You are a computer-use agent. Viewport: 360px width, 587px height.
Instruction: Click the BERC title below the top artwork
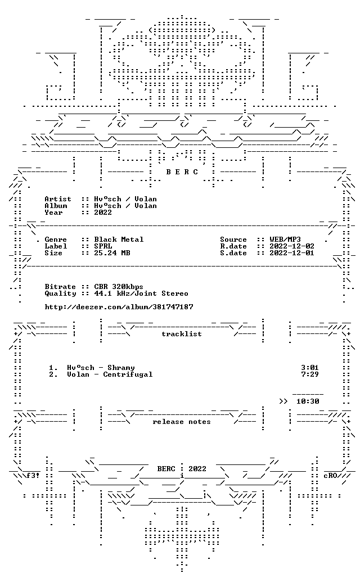[182, 172]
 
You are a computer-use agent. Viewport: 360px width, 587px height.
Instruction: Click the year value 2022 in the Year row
[103, 213]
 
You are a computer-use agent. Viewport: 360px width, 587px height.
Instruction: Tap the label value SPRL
[103, 246]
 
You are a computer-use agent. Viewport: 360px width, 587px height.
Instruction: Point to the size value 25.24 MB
[112, 253]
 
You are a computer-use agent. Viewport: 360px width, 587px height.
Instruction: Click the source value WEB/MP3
[285, 240]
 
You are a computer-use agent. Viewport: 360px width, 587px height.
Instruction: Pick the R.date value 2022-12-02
[292, 246]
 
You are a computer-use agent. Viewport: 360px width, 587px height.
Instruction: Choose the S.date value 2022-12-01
[292, 253]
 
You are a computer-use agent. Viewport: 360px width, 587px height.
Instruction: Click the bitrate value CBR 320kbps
[119, 287]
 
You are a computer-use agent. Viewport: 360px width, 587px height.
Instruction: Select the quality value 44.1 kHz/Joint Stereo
[141, 293]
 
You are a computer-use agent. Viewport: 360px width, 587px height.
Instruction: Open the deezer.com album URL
[119, 307]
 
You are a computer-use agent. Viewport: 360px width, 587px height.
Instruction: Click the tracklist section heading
[182, 334]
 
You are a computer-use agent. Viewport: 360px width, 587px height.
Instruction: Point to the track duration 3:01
[310, 368]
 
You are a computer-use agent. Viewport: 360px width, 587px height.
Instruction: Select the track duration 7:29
[310, 374]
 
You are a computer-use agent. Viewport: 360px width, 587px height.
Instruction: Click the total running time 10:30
[308, 401]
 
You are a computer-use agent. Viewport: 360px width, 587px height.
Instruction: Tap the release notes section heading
[182, 422]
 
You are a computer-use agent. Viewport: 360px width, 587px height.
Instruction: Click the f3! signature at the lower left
[33, 476]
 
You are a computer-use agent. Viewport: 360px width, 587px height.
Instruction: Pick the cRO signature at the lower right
[330, 476]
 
